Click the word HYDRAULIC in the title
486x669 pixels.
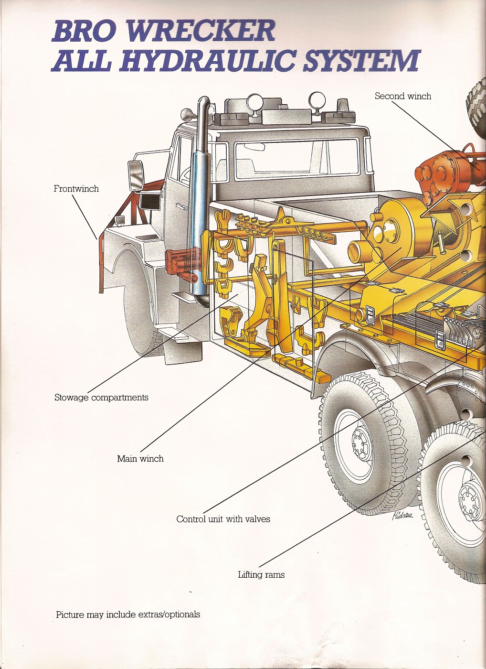(x=208, y=61)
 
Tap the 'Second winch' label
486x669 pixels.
(x=402, y=96)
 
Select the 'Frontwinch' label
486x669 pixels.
(x=76, y=189)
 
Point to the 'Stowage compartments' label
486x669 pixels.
(x=101, y=398)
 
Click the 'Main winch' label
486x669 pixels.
(x=140, y=459)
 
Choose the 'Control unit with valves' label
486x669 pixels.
(x=223, y=519)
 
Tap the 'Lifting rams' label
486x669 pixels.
(x=261, y=575)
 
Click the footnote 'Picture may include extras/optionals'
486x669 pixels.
(x=128, y=615)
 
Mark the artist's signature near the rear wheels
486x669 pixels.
(x=402, y=515)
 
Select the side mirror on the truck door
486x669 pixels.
(x=135, y=175)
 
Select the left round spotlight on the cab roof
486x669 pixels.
(x=254, y=101)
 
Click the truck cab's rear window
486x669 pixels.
(x=296, y=158)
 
